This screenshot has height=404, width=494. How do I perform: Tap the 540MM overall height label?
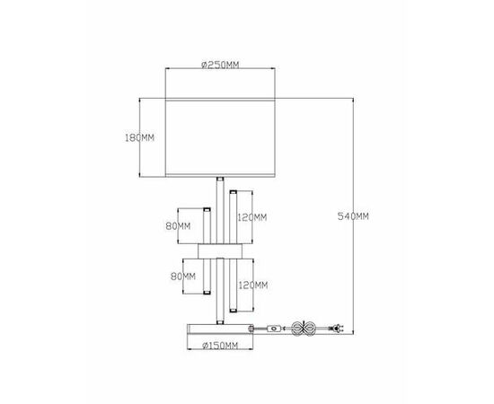352,215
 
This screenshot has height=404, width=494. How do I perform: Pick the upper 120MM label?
251,216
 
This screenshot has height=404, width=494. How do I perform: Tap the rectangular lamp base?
219,329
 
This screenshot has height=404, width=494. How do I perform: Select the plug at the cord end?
336,329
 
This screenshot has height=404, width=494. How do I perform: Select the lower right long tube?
232,285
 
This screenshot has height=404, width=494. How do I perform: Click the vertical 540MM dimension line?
351,180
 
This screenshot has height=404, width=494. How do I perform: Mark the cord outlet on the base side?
260,329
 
